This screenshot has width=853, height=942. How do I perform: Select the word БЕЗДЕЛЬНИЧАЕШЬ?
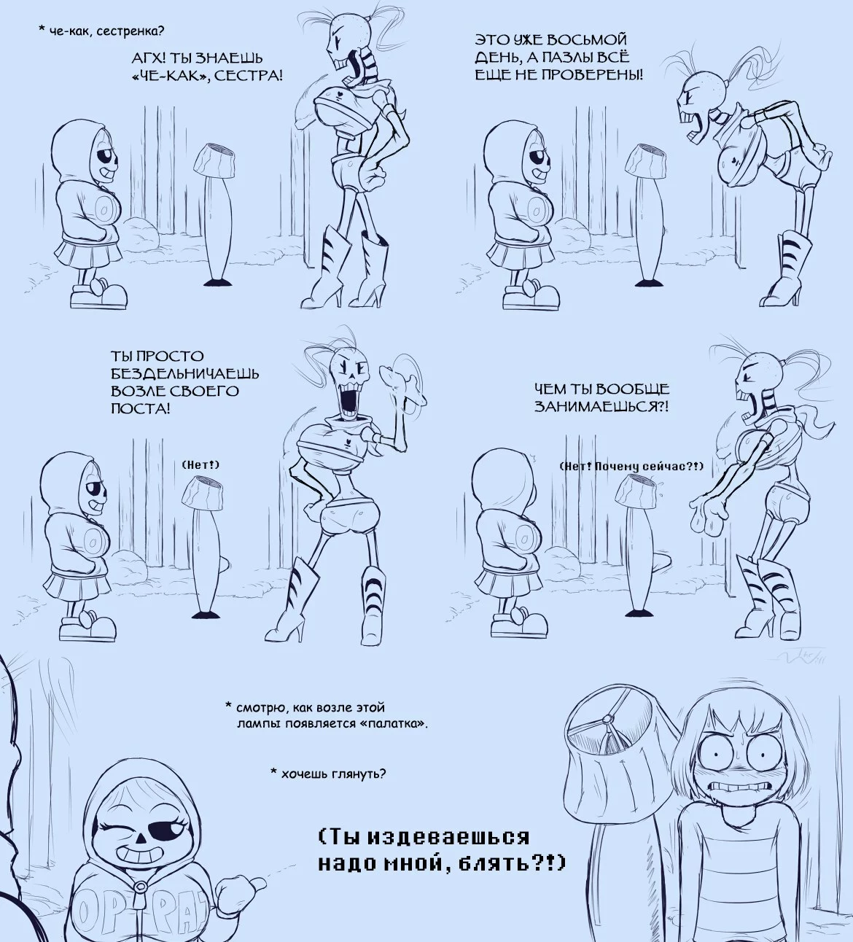(184, 374)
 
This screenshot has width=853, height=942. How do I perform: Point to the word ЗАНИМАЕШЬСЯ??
(601, 406)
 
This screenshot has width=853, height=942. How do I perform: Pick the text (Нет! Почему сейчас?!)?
(631, 467)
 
